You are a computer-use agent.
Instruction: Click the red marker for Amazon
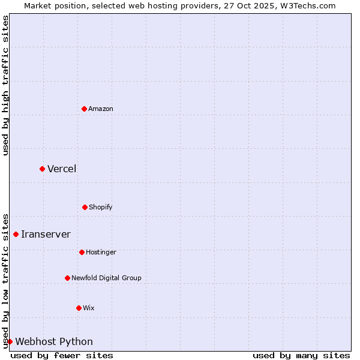pos(84,109)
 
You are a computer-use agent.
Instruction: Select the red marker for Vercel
pos(42,169)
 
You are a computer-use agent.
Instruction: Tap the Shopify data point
pos(85,207)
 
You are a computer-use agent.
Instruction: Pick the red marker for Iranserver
pos(16,234)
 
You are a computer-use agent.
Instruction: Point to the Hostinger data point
pos(82,252)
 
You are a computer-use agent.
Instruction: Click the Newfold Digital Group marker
pos(67,278)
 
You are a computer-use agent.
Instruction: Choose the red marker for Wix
pos(79,308)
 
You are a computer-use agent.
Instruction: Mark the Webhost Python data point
pos(10,341)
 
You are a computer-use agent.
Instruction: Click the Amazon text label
pos(101,109)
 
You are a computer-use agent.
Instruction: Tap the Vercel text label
pos(62,169)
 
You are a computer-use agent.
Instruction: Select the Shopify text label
pos(101,207)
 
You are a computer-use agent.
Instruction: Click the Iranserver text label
pos(46,234)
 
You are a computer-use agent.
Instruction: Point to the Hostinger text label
pos(101,252)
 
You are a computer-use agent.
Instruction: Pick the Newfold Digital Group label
pos(106,278)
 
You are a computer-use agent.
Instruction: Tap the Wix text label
pos(89,308)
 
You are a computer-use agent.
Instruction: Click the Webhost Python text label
pos(54,341)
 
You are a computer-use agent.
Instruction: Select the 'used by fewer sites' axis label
pos(62,355)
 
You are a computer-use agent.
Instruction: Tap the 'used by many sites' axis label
pos(301,355)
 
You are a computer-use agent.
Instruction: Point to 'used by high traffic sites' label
pos(5,85)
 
